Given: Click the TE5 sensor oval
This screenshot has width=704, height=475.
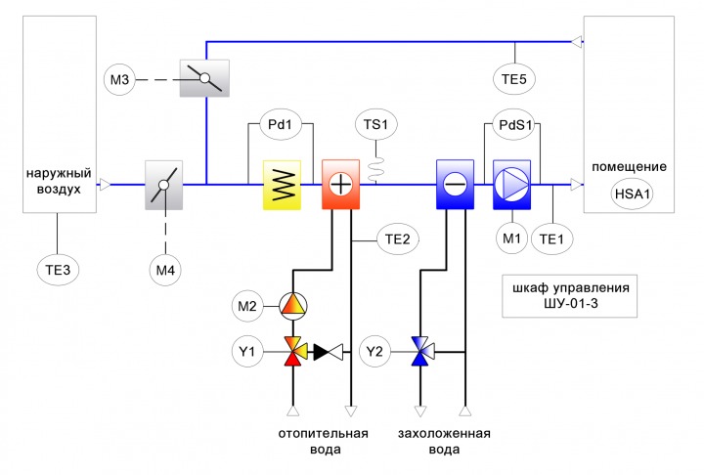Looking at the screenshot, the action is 514,79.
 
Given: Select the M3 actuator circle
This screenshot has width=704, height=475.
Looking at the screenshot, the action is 119,80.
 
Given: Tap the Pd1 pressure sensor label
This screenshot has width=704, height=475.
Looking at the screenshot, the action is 281,124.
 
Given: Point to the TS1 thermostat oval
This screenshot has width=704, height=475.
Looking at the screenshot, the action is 375,124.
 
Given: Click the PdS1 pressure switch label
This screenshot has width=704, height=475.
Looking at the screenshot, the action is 514,124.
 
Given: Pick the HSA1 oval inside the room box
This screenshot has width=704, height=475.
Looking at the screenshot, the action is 633,194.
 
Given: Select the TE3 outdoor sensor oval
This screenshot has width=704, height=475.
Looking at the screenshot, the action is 58,270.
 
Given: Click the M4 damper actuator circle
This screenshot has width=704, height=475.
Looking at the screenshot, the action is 165,270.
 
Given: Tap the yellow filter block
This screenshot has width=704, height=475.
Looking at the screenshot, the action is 282,185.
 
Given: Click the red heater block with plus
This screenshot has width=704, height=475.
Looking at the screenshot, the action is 341,185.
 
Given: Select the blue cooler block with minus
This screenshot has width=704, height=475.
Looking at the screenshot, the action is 456,185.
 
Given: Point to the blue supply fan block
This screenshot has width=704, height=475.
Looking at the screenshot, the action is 511,185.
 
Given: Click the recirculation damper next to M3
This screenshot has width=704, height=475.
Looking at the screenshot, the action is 204,78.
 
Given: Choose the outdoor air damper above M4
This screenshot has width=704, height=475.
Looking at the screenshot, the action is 164,185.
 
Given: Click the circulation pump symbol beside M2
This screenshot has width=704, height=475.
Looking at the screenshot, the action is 293,306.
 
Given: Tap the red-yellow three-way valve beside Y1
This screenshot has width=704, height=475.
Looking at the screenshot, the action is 295,352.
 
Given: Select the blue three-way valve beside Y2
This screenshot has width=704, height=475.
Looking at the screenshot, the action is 422,352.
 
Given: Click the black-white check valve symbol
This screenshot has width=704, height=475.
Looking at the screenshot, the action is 329,352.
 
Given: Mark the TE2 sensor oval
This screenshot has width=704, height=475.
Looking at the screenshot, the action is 398,239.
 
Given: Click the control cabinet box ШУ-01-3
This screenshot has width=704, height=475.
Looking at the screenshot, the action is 569,296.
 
